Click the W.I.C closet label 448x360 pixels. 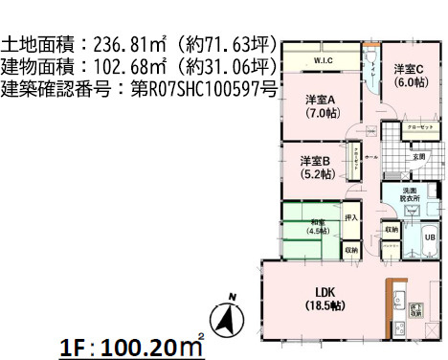click(x=323, y=63)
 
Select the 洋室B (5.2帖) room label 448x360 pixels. click(x=315, y=167)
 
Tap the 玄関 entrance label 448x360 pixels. click(x=418, y=157)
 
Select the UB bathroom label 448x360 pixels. click(x=430, y=236)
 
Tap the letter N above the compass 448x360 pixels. click(x=230, y=296)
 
